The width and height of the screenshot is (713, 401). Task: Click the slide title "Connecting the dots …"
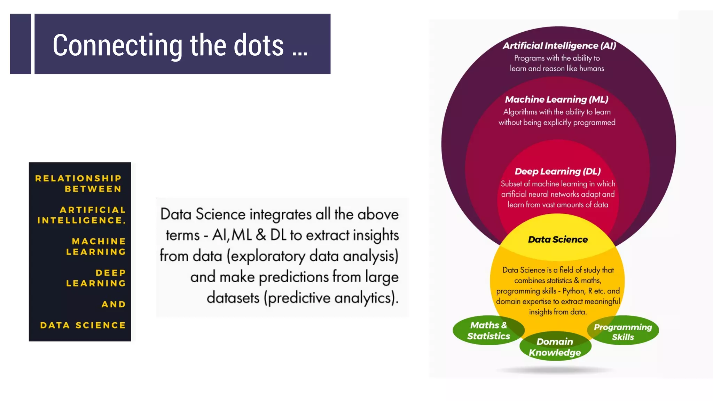(x=180, y=45)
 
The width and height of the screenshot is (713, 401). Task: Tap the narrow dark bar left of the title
(x=21, y=44)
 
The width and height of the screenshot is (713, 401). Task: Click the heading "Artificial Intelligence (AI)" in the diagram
(x=559, y=46)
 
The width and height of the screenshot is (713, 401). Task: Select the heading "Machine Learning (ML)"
(x=556, y=100)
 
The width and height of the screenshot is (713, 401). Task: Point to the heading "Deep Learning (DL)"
(x=557, y=171)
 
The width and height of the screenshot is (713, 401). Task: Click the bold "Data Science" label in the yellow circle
(x=558, y=239)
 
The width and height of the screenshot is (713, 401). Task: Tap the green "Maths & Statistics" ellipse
(x=488, y=330)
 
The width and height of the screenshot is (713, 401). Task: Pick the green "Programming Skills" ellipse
(x=623, y=331)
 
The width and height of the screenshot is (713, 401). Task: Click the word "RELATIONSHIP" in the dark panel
(x=78, y=179)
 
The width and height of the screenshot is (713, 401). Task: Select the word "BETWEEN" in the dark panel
(x=93, y=189)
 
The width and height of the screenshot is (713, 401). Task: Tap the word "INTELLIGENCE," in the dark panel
(x=81, y=220)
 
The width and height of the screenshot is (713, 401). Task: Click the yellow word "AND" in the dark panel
(x=113, y=304)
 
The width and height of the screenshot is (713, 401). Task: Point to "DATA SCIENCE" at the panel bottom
(x=83, y=325)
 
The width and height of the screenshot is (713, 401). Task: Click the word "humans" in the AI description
(x=591, y=69)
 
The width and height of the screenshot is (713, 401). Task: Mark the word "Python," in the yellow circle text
(x=574, y=291)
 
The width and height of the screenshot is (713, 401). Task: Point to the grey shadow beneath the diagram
(x=555, y=370)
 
